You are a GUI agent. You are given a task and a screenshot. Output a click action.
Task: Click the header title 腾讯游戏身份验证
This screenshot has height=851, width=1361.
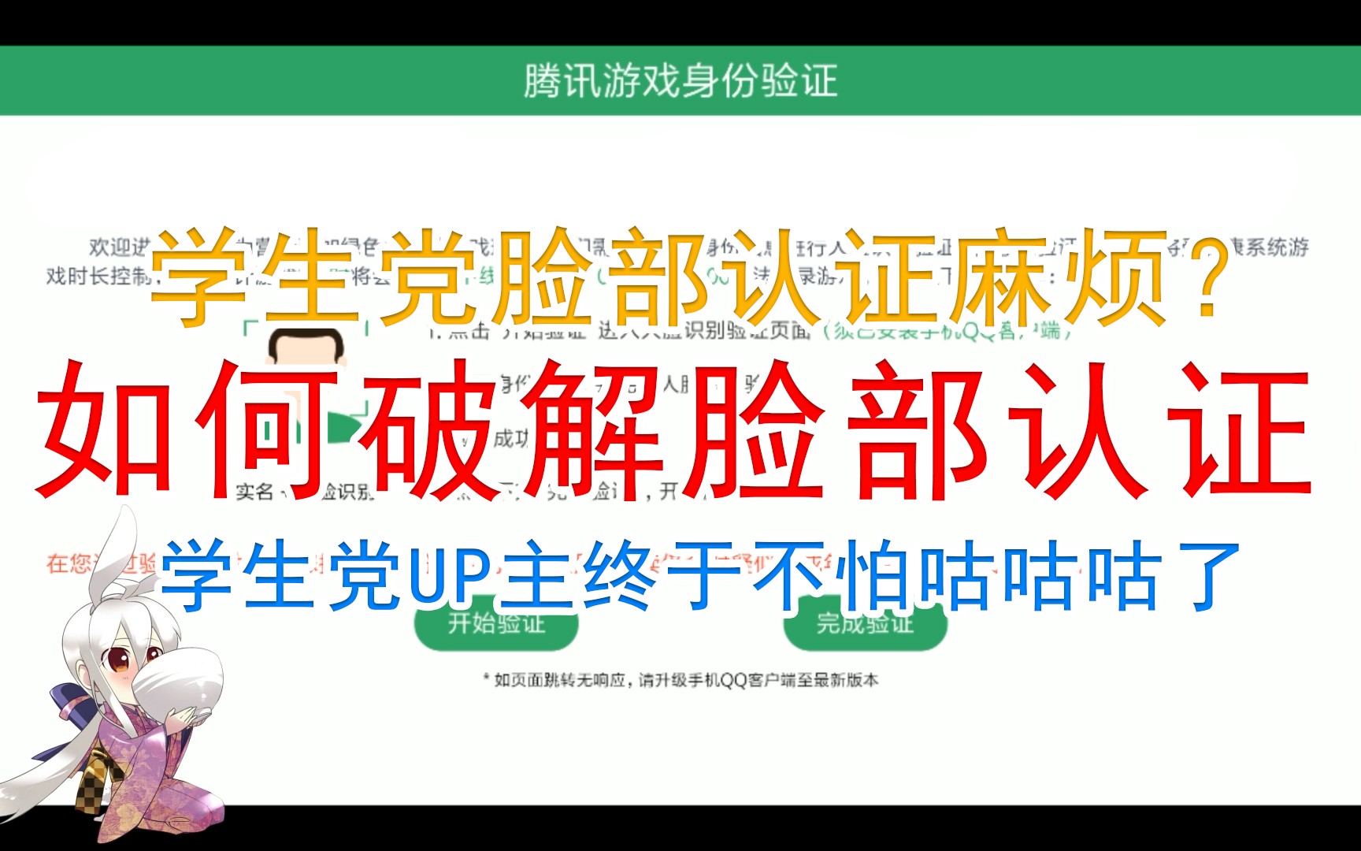click(x=680, y=81)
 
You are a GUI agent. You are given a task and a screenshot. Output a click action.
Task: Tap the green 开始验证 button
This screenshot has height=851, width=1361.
click(x=496, y=624)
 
